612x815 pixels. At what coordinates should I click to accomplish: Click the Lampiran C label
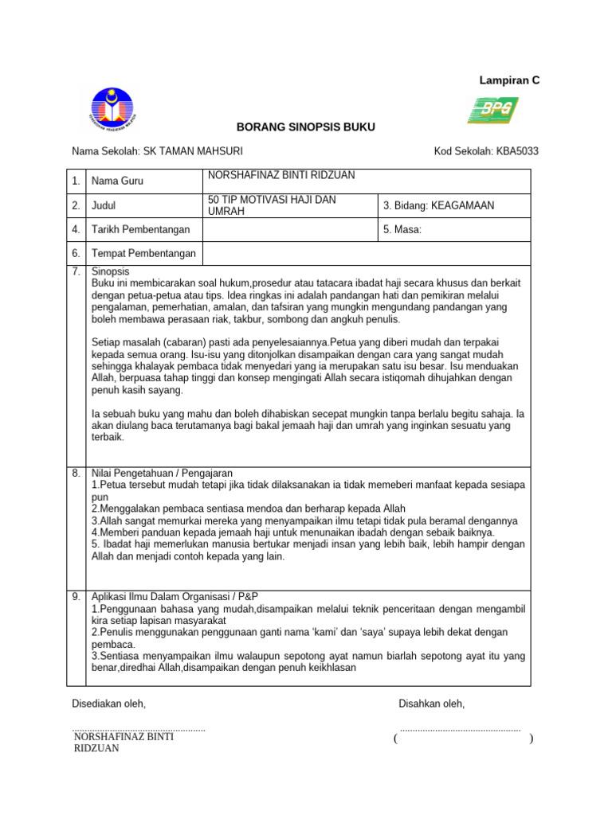click(508, 80)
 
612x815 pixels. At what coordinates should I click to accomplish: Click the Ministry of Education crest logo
click(112, 111)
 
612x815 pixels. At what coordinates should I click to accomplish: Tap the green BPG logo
click(492, 110)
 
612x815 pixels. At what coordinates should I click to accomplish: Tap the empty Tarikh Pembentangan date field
click(288, 229)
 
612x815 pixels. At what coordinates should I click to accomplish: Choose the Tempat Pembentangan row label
click(143, 253)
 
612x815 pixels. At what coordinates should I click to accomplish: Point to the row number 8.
click(76, 473)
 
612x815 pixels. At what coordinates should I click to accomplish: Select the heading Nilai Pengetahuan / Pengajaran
click(162, 473)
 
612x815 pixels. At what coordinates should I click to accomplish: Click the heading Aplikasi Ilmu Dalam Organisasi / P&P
click(175, 596)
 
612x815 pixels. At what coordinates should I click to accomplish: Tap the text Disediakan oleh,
click(109, 704)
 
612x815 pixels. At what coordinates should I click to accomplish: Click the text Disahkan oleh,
click(431, 704)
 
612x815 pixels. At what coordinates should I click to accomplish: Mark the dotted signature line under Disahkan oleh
click(460, 728)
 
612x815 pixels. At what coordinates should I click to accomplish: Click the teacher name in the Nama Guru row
click(281, 175)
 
